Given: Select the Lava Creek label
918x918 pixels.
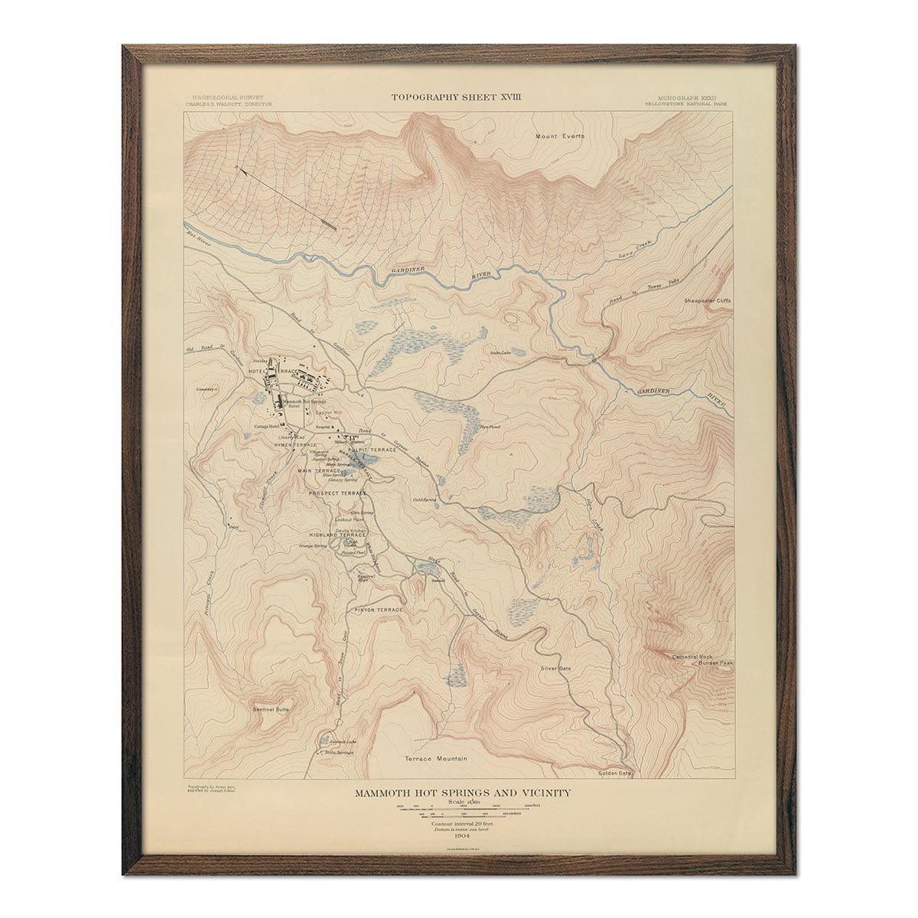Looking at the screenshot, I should click(x=633, y=256).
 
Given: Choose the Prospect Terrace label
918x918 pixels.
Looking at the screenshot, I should click(x=338, y=493).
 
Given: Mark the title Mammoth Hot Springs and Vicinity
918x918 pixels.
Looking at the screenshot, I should click(x=461, y=793).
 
